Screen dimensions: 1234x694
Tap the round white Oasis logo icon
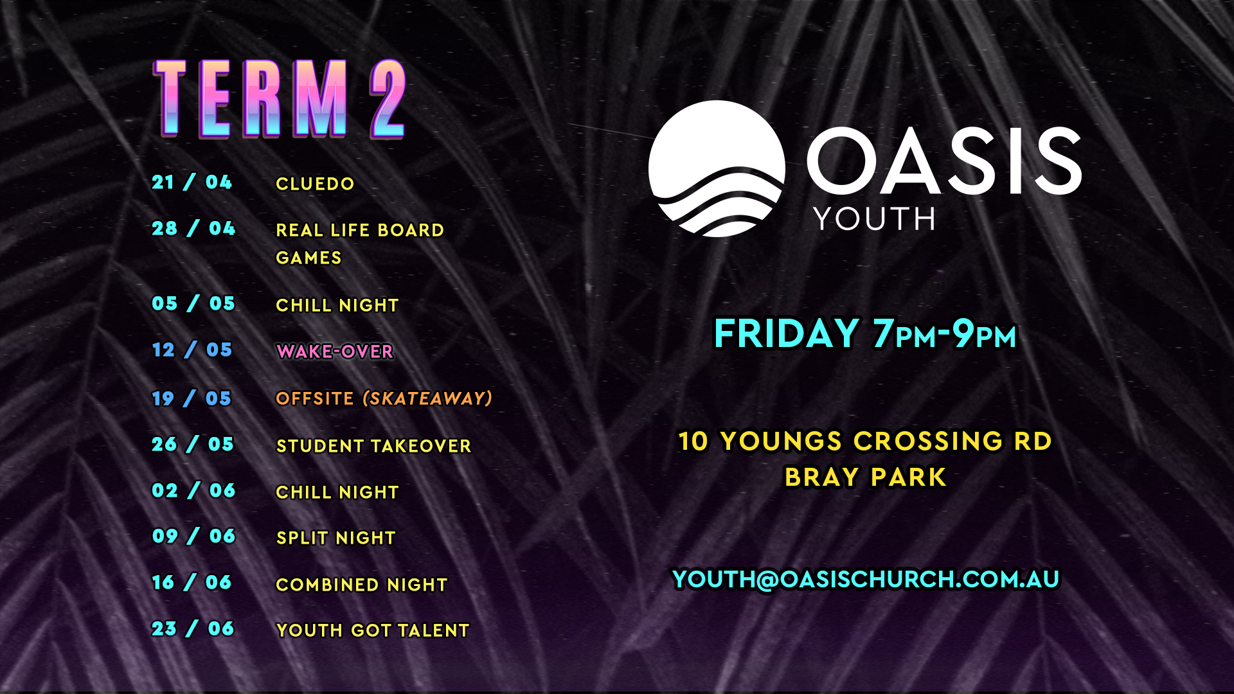tap(717, 168)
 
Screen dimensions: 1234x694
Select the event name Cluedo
tap(315, 184)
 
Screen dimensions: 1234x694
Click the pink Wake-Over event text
tap(335, 351)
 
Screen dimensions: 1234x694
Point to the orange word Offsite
tap(315, 398)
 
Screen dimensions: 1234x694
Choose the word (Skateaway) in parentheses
tap(427, 398)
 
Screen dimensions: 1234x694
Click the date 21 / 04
tap(192, 182)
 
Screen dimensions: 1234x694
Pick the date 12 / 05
tap(192, 350)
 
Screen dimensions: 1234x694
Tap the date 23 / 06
tap(193, 628)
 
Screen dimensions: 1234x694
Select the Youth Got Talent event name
tap(373, 630)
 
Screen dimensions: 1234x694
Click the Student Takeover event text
tap(373, 446)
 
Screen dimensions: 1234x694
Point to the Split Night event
tap(335, 538)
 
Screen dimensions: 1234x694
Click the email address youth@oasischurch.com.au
tap(866, 580)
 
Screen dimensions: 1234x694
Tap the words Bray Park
tap(866, 477)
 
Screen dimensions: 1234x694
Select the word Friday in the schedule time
tap(787, 334)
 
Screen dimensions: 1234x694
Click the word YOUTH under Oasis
tap(875, 219)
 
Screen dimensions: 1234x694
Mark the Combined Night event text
tap(362, 585)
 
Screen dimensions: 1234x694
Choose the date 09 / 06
tap(193, 536)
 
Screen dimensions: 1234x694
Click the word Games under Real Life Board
tap(308, 258)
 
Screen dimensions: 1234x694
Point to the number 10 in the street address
tap(693, 441)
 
